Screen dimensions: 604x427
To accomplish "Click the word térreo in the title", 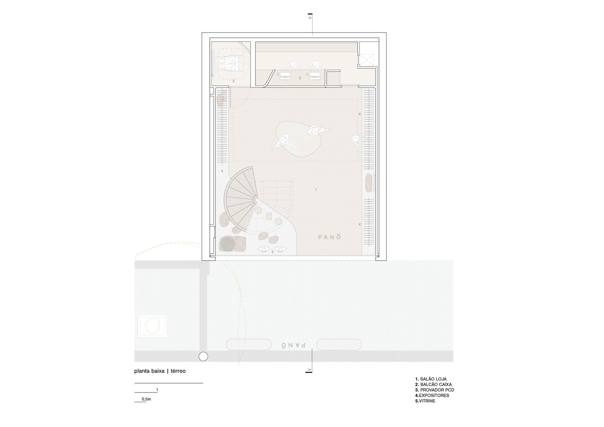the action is (x=178, y=371).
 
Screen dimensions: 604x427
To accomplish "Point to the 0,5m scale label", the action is (x=147, y=399).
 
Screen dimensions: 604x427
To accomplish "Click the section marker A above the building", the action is (x=310, y=18).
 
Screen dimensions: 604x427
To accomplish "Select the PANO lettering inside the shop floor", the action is (x=329, y=237).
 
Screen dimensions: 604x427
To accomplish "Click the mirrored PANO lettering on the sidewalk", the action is (x=293, y=345).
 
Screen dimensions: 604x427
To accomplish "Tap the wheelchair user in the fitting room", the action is (x=228, y=65).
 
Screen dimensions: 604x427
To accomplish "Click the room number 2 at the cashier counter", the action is (x=300, y=78).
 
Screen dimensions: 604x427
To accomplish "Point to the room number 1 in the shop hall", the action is (x=316, y=190).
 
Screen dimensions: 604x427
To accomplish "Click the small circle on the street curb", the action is (x=203, y=357).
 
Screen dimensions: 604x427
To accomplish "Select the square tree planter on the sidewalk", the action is (x=152, y=326).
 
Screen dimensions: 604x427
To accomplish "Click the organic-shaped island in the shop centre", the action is (x=299, y=139).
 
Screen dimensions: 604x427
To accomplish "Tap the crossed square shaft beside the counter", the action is (x=366, y=60).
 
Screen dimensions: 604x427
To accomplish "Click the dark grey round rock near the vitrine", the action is (x=227, y=243).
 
